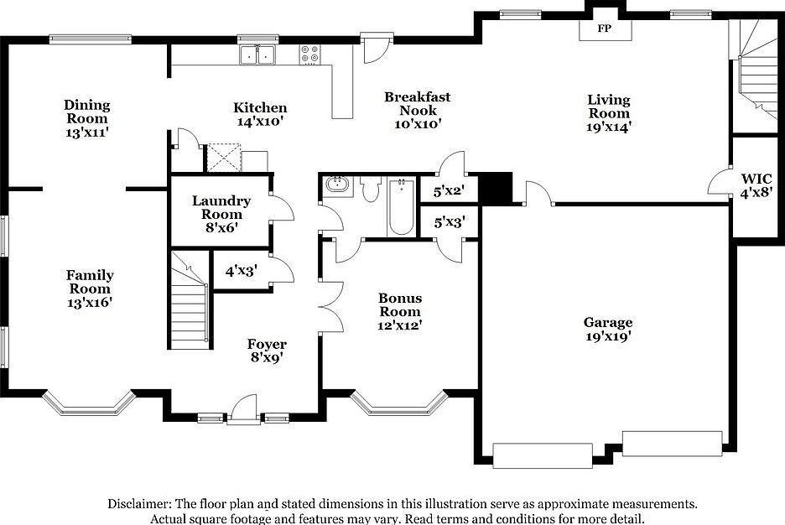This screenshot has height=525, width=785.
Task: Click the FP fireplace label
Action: pyautogui.click(x=603, y=29)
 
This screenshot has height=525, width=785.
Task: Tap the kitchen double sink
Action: pyautogui.click(x=257, y=55)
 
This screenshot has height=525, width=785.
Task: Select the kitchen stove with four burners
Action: pyautogui.click(x=309, y=54)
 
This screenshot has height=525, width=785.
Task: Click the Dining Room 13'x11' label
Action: pyautogui.click(x=87, y=117)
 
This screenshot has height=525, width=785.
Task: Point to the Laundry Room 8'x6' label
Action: pyautogui.click(x=221, y=207)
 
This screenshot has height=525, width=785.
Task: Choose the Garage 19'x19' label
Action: pyautogui.click(x=608, y=330)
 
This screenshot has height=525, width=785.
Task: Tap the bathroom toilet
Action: pyautogui.click(x=372, y=189)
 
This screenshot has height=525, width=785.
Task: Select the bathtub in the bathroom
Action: pyautogui.click(x=401, y=206)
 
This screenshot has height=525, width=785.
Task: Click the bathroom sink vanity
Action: pyautogui.click(x=337, y=186)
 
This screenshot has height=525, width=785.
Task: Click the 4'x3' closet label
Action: pyautogui.click(x=240, y=271)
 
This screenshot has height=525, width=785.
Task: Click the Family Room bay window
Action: pyautogui.click(x=89, y=404)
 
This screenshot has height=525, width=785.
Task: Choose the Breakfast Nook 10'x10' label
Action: pyautogui.click(x=417, y=110)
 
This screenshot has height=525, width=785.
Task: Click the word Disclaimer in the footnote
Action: pyautogui.click(x=138, y=504)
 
